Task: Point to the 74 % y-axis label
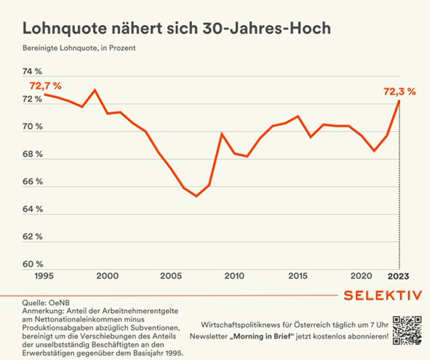point(33,72)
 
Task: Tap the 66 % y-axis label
point(33,182)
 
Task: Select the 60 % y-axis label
point(33,264)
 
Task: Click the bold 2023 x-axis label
point(398,276)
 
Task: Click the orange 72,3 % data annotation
point(399,91)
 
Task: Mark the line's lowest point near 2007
point(196,196)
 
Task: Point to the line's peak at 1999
point(95,90)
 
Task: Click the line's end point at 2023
point(399,101)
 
